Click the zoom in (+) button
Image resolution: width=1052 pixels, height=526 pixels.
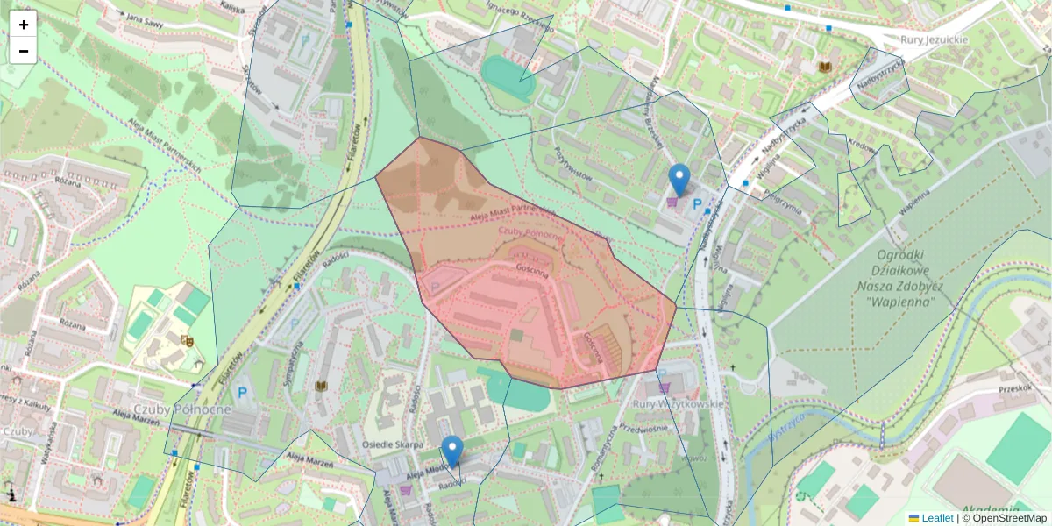click(24, 24)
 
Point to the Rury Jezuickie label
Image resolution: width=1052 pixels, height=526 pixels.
click(935, 39)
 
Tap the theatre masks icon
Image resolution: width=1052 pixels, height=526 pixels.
click(187, 339)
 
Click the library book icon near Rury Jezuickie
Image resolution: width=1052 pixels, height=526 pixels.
click(825, 67)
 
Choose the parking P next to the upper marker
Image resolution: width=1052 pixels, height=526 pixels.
click(698, 204)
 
